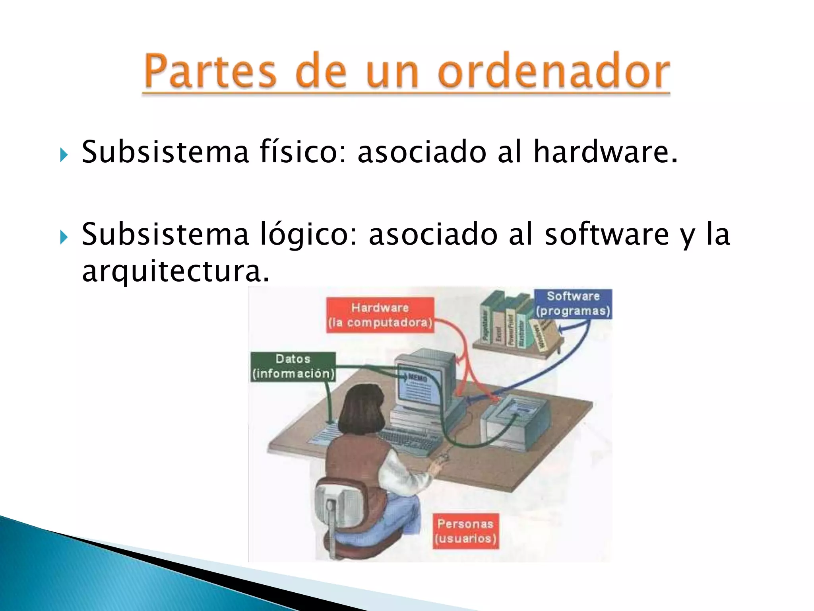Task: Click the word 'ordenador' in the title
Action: tap(554, 72)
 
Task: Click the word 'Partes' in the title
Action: tap(210, 72)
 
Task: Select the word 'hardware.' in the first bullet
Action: tap(605, 152)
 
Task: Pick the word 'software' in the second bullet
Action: tap(607, 235)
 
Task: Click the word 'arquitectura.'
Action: tap(175, 272)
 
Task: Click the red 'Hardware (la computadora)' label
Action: tap(380, 315)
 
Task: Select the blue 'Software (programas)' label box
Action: tap(572, 304)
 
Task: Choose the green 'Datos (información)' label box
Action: tap(293, 366)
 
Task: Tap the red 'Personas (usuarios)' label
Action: tap(465, 531)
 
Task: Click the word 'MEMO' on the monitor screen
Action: tap(417, 377)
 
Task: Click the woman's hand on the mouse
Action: tap(439, 463)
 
